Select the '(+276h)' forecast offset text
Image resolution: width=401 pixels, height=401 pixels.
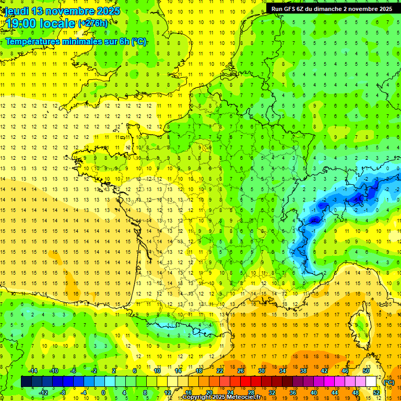coord(93,23)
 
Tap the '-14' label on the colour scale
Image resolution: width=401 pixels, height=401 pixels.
coord(33,371)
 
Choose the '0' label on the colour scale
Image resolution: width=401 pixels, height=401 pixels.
coord(103,393)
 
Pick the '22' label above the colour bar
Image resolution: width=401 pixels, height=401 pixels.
coord(220,371)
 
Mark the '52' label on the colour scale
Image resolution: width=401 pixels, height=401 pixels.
coord(376,393)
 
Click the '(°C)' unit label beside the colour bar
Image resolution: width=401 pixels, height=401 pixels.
coord(388,382)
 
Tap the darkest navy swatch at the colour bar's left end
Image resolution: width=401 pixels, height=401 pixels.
coord(26,382)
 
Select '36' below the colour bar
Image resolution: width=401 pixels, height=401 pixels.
coord(293,393)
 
